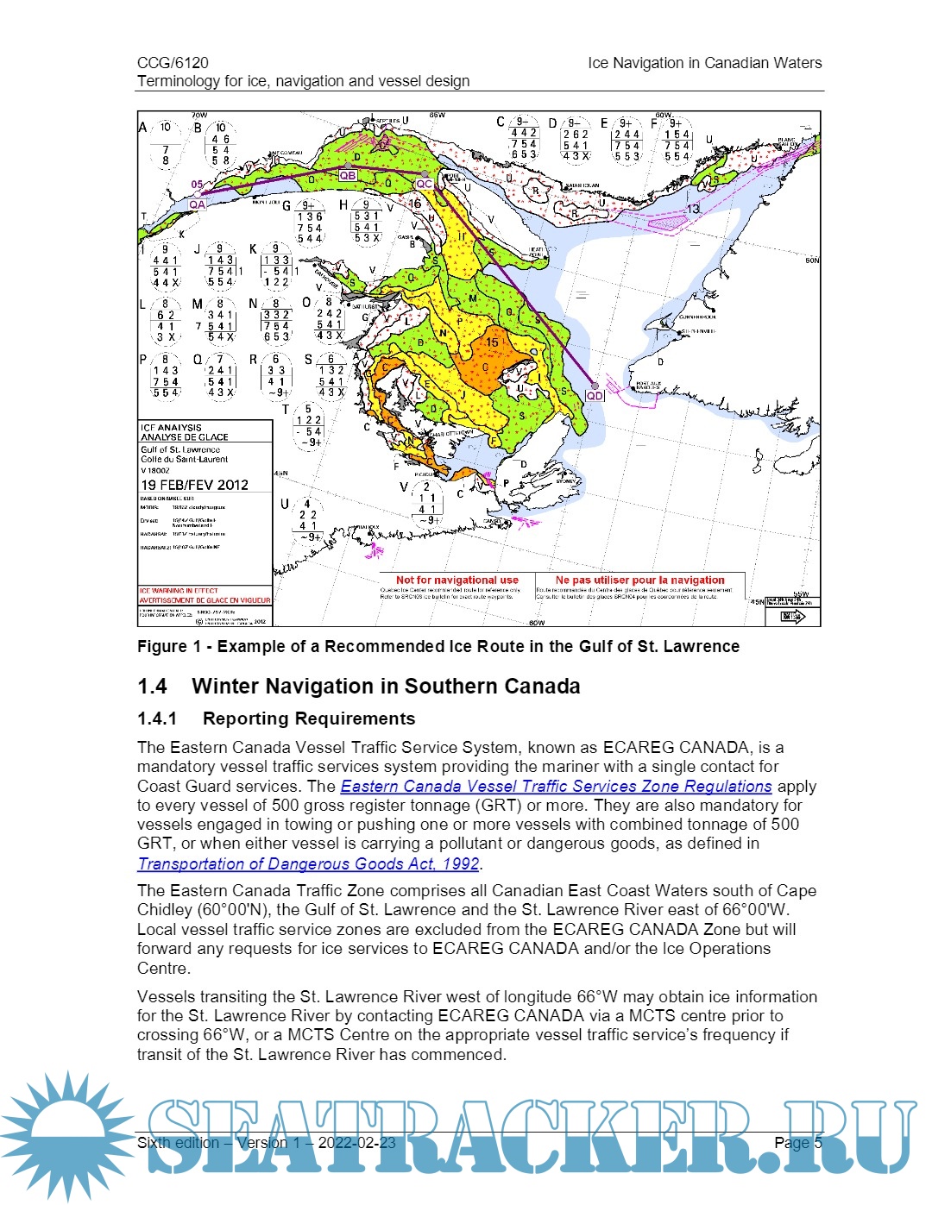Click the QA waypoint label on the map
198,204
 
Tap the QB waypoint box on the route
348,175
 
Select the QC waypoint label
424,184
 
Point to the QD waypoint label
595,395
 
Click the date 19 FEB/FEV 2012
194,485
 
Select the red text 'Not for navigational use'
457,581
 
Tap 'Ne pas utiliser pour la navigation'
640,581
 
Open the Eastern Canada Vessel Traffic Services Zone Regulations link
556,787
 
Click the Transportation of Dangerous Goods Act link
308,863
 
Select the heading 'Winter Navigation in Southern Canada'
386,687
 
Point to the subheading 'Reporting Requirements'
308,719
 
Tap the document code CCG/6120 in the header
173,63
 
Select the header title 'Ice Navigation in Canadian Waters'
704,63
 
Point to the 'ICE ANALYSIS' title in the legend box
171,427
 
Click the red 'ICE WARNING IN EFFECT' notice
179,591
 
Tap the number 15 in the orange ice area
492,342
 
